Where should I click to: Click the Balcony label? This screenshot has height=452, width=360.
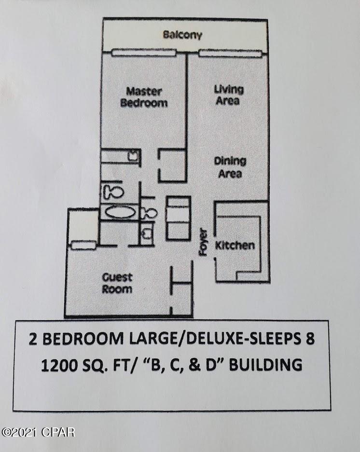[182, 35]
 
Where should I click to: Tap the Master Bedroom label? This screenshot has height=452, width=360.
[144, 96]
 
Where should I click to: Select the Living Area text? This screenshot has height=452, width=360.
[228, 95]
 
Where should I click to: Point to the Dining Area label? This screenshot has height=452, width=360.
[230, 167]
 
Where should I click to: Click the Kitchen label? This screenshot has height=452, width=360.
[235, 246]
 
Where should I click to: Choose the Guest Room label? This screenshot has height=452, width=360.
[117, 283]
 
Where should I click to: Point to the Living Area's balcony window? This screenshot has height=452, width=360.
[230, 53]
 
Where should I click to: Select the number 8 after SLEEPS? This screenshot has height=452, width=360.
[310, 339]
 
